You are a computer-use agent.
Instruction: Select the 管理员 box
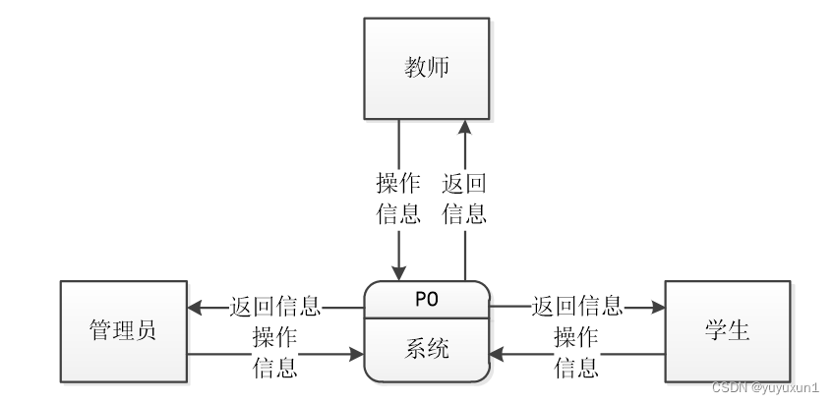(123, 330)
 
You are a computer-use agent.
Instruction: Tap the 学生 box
(728, 330)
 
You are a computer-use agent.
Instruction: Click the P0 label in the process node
(427, 300)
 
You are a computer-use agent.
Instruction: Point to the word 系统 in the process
(427, 349)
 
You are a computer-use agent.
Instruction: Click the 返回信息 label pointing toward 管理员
(276, 307)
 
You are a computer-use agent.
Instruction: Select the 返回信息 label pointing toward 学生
(577, 307)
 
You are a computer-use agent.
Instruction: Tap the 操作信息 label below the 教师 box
(399, 199)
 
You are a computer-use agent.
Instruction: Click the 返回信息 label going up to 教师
(464, 199)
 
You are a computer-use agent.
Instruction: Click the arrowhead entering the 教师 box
(464, 128)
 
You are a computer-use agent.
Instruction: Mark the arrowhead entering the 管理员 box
(194, 307)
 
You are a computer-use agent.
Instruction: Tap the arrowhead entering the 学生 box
(658, 307)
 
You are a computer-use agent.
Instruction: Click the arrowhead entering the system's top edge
(399, 274)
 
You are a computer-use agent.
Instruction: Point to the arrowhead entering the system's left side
(358, 352)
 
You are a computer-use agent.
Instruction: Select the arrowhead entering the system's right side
(497, 352)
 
